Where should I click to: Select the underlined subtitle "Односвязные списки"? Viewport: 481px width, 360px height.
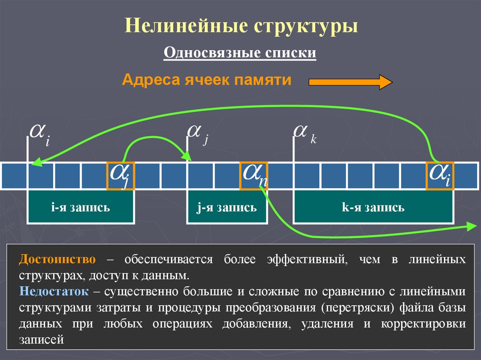click(x=240, y=52)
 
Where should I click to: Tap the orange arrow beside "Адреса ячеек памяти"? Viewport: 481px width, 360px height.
click(x=350, y=82)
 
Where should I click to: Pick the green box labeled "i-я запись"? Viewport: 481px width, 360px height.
click(x=81, y=207)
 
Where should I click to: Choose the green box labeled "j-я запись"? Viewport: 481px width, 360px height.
click(x=227, y=207)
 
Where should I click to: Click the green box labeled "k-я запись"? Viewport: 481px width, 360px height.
click(x=373, y=207)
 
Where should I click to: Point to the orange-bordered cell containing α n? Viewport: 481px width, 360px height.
click(x=254, y=176)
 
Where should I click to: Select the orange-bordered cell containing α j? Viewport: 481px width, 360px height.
click(x=121, y=176)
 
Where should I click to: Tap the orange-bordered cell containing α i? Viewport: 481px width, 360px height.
click(x=440, y=176)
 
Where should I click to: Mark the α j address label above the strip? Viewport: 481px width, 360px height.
click(x=198, y=133)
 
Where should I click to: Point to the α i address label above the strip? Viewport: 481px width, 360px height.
click(x=40, y=135)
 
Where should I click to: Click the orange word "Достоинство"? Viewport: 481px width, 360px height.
click(x=57, y=260)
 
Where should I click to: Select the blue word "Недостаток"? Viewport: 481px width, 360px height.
click(x=54, y=291)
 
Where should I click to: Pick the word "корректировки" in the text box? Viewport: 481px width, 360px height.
click(x=423, y=324)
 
